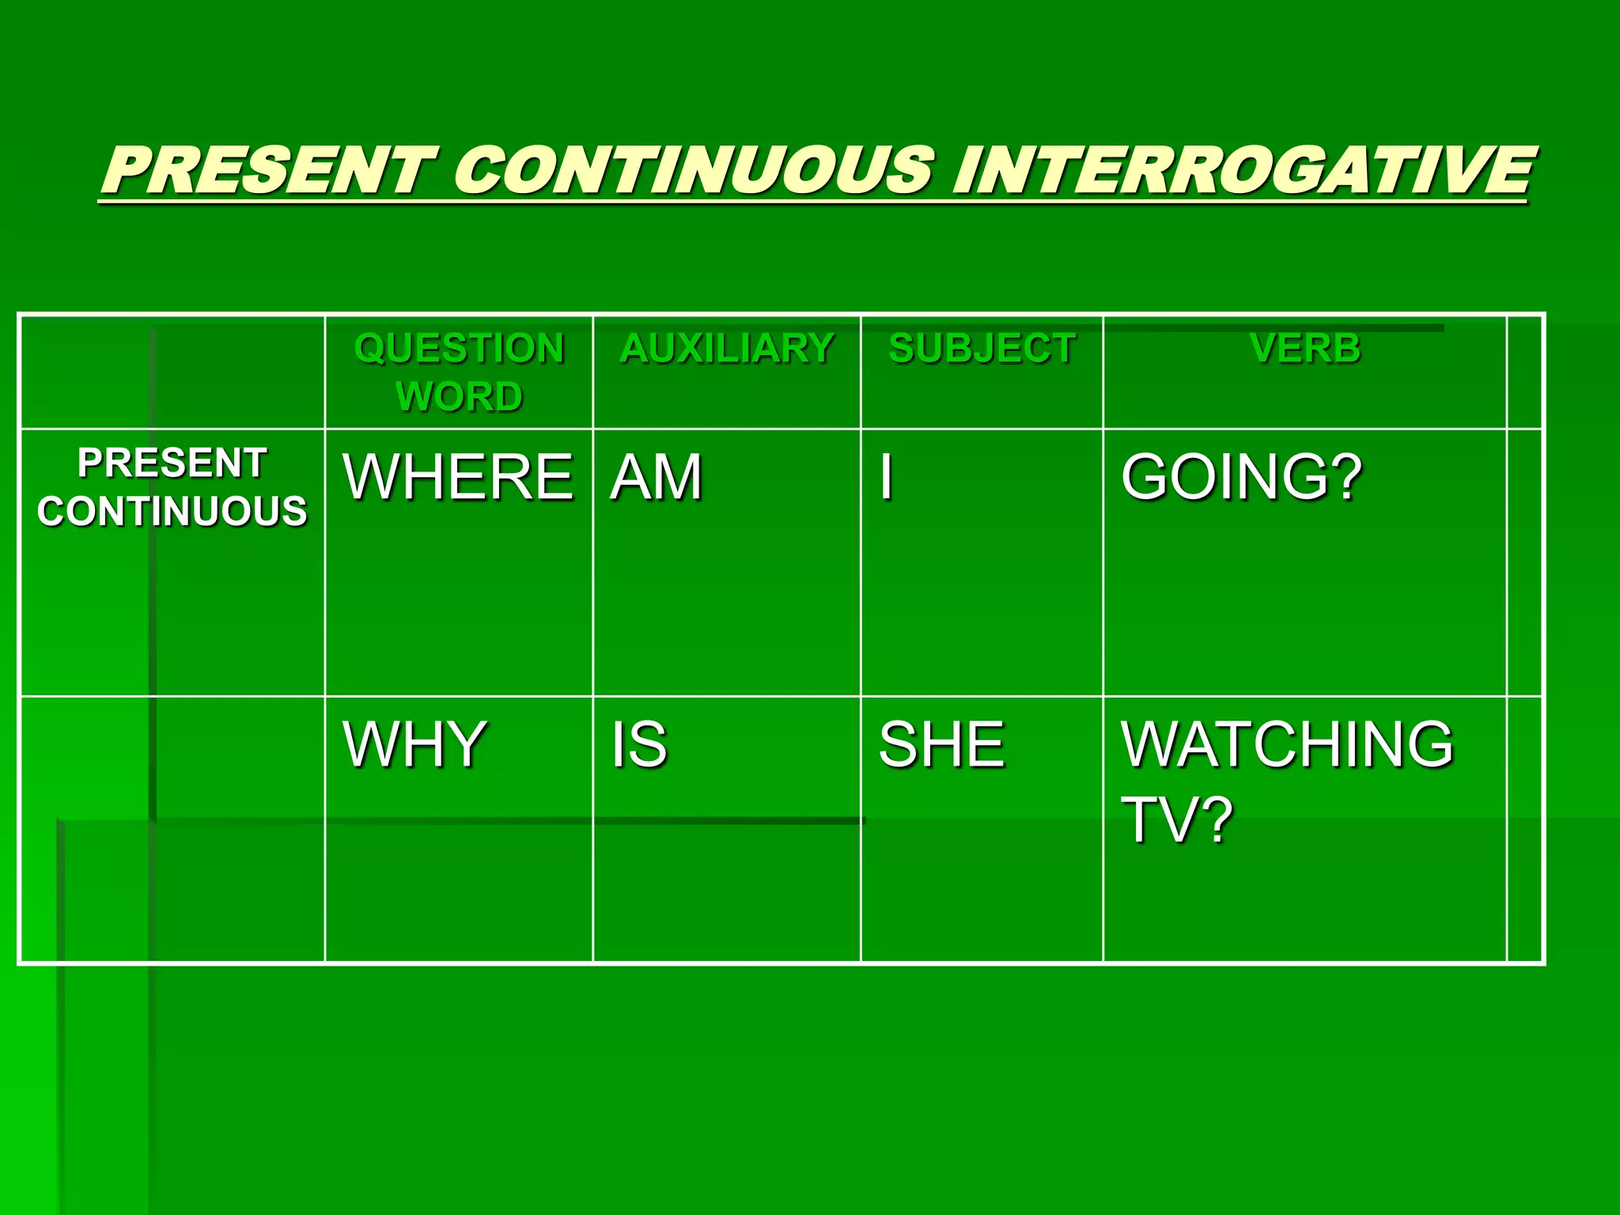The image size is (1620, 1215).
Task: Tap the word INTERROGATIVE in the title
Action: point(1242,171)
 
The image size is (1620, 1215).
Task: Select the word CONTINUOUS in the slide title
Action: point(693,171)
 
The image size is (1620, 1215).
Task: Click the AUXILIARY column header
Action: point(727,349)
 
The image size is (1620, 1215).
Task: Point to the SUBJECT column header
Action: point(982,349)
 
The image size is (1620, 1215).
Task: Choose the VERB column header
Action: point(1305,349)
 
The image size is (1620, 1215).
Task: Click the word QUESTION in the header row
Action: point(459,349)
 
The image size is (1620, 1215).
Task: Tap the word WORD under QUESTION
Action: point(459,396)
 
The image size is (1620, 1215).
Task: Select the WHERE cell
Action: point(457,478)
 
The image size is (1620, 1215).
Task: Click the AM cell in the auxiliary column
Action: point(656,478)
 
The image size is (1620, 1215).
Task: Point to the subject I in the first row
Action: point(887,478)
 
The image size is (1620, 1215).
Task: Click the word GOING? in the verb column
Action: point(1242,478)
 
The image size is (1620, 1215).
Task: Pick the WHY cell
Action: point(414,744)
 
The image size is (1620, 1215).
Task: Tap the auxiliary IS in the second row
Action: point(639,744)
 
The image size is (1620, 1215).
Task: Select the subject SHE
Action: point(941,744)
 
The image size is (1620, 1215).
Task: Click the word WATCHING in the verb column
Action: point(1287,744)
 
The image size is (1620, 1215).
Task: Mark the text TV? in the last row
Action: point(1177,820)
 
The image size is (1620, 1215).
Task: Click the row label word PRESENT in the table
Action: point(172,464)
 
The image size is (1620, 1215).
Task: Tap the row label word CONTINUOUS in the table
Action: point(172,511)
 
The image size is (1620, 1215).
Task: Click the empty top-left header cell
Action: point(172,372)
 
